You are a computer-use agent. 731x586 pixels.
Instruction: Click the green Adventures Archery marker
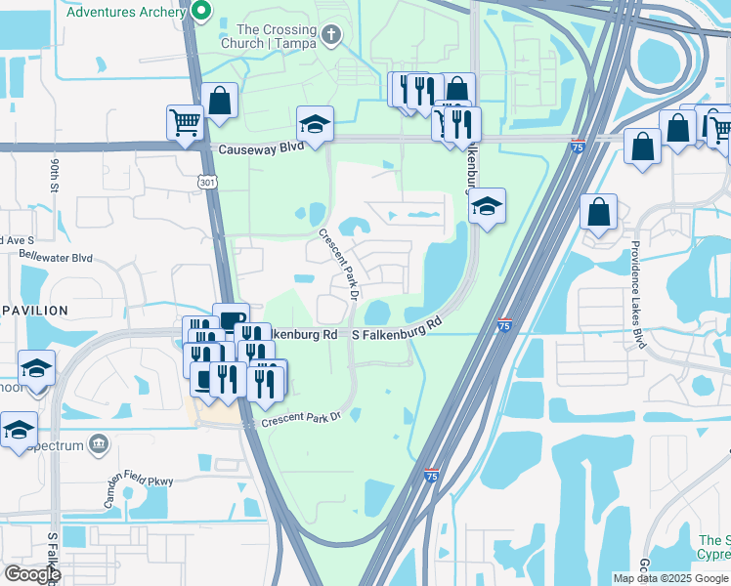pyautogui.click(x=202, y=12)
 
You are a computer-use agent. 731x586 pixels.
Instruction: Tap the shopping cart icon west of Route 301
pyautogui.click(x=184, y=122)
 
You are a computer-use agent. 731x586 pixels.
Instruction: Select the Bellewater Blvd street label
pyautogui.click(x=56, y=259)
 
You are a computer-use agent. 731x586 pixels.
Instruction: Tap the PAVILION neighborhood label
pyautogui.click(x=34, y=311)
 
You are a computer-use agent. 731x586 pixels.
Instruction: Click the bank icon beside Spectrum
pyautogui.click(x=98, y=444)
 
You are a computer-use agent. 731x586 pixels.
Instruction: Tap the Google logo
pyautogui.click(x=32, y=574)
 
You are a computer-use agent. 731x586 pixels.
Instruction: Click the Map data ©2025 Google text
pyautogui.click(x=669, y=578)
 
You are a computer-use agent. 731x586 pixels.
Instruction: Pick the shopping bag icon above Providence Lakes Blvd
pyautogui.click(x=597, y=211)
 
